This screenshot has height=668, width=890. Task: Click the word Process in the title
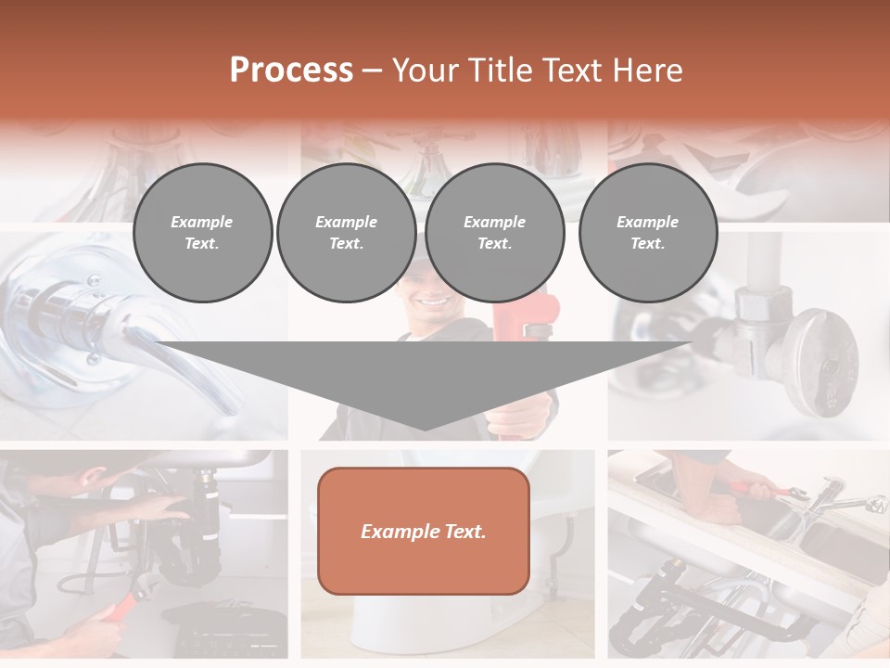291,71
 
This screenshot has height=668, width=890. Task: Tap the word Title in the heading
502,71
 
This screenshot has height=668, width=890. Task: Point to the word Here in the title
648,71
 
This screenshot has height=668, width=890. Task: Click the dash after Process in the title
372,71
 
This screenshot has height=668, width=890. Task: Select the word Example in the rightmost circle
647,222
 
